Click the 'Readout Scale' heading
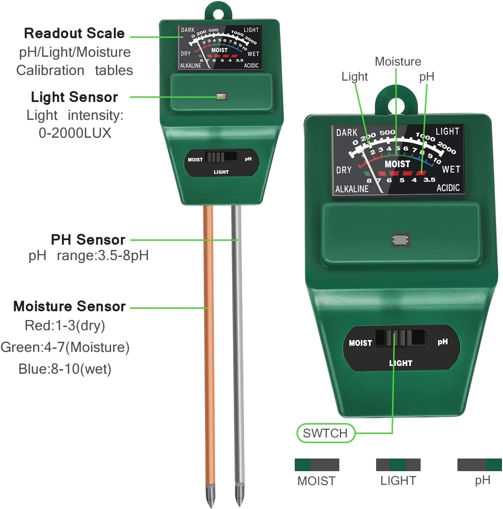pyautogui.click(x=74, y=33)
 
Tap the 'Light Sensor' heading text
pyautogui.click(x=74, y=97)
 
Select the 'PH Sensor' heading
pyautogui.click(x=88, y=240)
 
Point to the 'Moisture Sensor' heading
pyautogui.click(x=69, y=306)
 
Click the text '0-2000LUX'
pyautogui.click(x=75, y=133)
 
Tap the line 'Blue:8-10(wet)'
pyautogui.click(x=65, y=369)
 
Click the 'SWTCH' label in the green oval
pyautogui.click(x=325, y=433)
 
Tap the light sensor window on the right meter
pyautogui.click(x=401, y=240)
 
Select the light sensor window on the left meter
pyautogui.click(x=221, y=96)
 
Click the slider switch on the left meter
pyautogui.click(x=221, y=157)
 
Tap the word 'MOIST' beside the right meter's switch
pyautogui.click(x=360, y=343)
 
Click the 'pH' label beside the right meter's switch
pyautogui.click(x=443, y=341)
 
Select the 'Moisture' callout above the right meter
pyautogui.click(x=398, y=62)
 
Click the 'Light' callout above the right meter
pyautogui.click(x=355, y=77)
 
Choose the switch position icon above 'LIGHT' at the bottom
pyautogui.click(x=398, y=465)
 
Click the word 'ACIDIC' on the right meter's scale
pyautogui.click(x=448, y=188)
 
